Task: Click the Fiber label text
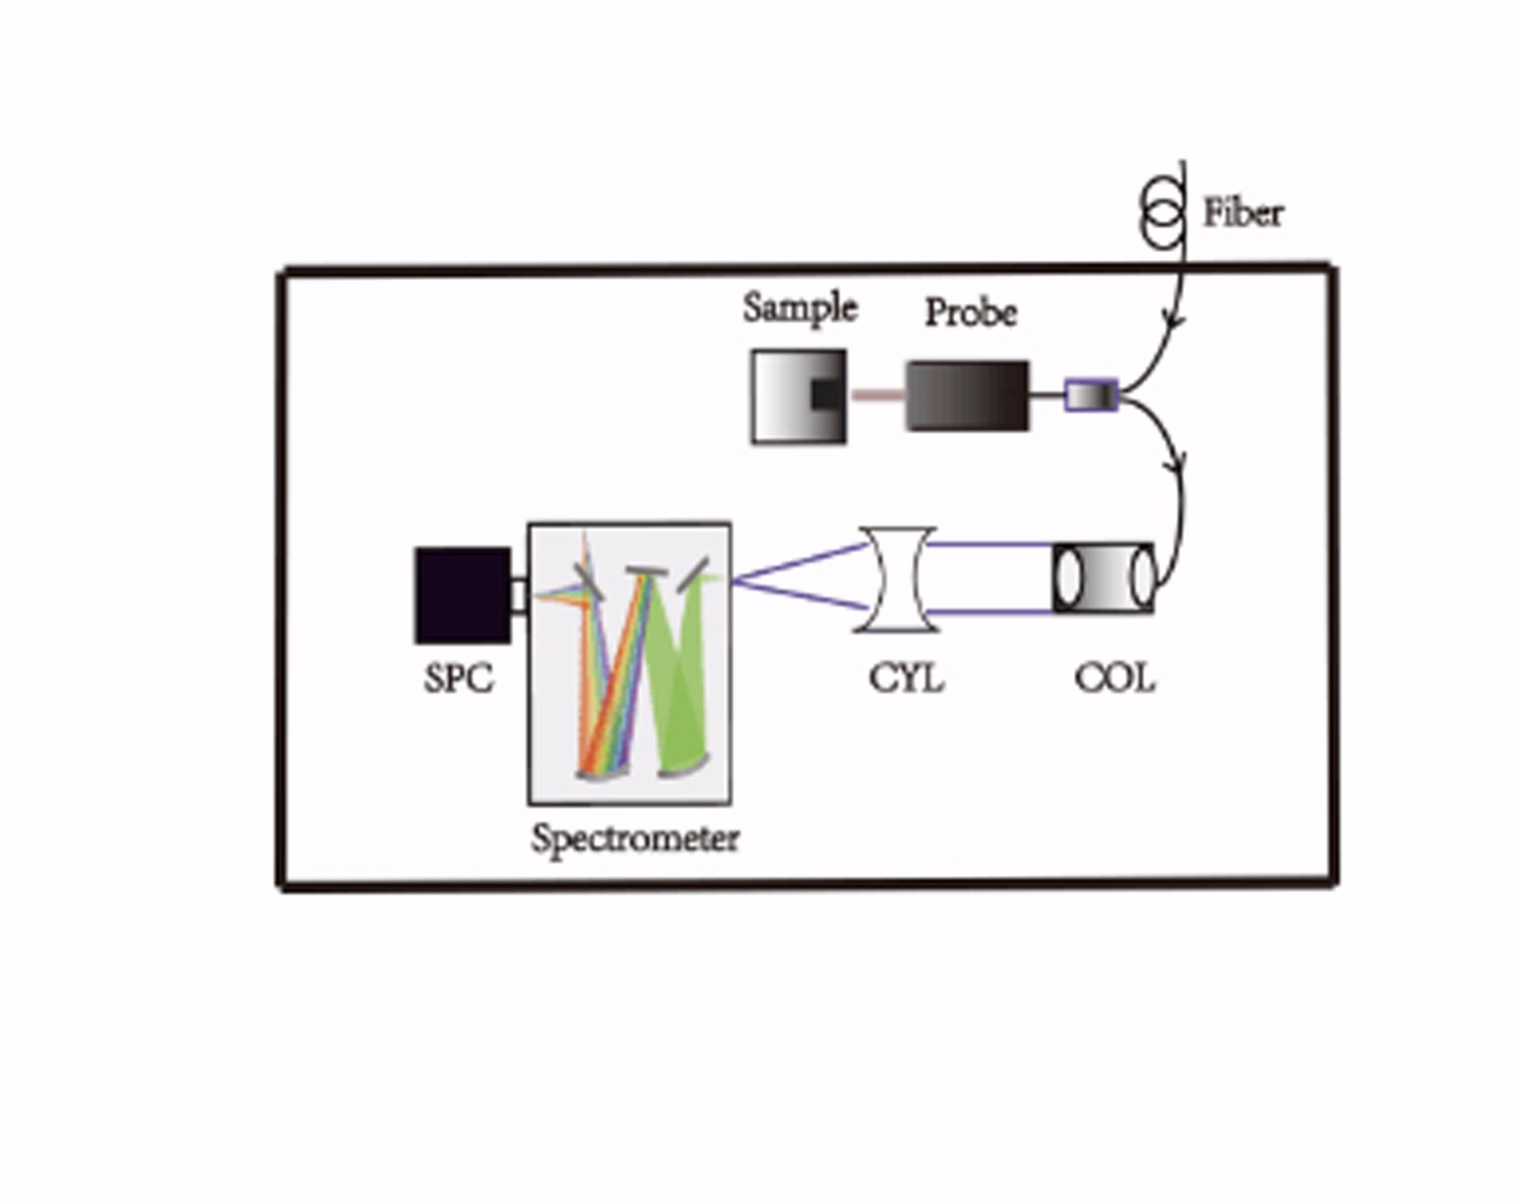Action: click(1242, 213)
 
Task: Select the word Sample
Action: click(800, 308)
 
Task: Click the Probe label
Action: click(970, 312)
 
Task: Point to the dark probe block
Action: click(967, 396)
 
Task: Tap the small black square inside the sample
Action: click(825, 395)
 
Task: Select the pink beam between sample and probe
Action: click(877, 395)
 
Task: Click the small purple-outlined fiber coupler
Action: click(1091, 395)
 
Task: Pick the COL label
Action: click(1114, 679)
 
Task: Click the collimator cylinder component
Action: click(1103, 577)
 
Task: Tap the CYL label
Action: click(906, 679)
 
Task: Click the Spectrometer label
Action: click(634, 838)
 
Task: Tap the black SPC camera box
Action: click(463, 595)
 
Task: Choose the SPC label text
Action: click(458, 679)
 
